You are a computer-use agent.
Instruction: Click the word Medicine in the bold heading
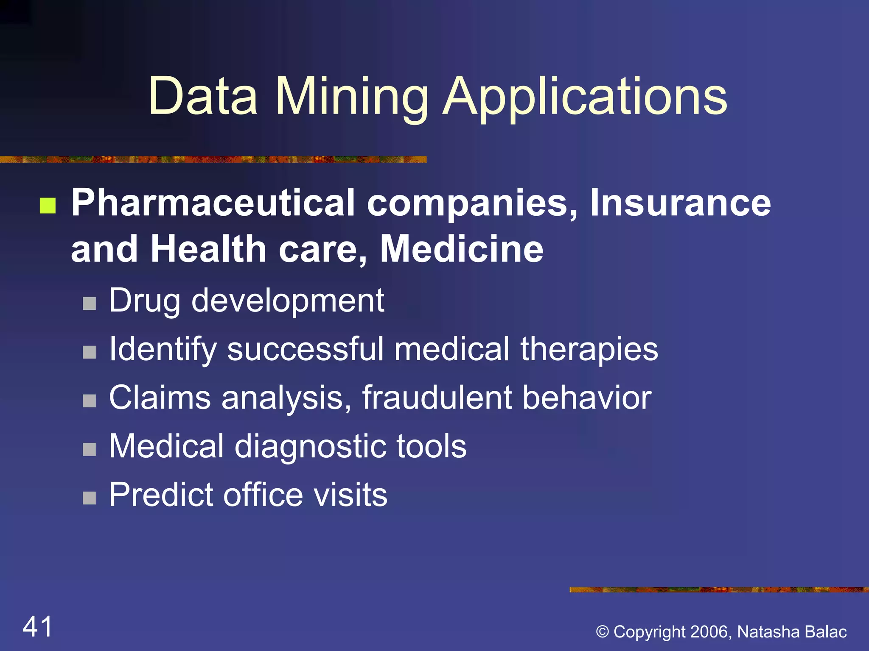(x=462, y=249)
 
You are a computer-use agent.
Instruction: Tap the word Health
(x=208, y=249)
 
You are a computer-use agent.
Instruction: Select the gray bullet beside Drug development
(x=89, y=303)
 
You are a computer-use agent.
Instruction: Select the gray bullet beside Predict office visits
(x=89, y=498)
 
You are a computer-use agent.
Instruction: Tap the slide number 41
(x=37, y=626)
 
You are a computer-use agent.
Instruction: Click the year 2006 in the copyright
(x=710, y=632)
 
